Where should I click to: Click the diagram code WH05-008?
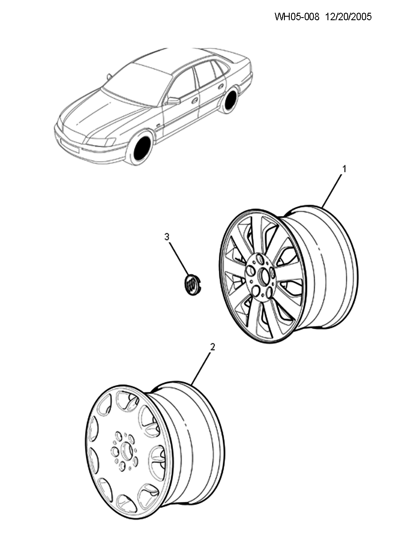click(297, 17)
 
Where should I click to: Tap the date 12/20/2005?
click(348, 17)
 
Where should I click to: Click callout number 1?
click(344, 169)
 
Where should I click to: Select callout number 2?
click(212, 347)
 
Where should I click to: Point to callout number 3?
click(167, 237)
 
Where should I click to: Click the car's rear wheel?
click(230, 100)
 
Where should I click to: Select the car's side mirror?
click(174, 101)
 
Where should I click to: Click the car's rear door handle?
click(221, 87)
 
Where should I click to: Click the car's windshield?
click(137, 83)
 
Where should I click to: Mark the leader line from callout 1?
click(332, 192)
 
